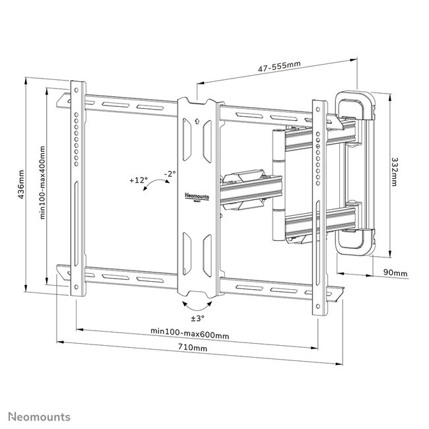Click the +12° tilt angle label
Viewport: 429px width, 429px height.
139,180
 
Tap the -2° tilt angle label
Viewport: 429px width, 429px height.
170,174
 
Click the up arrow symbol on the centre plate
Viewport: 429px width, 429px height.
197,120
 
